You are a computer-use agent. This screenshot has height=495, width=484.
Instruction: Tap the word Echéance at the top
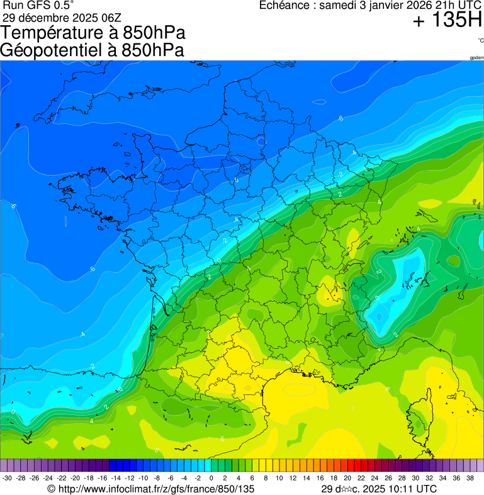click(x=285, y=6)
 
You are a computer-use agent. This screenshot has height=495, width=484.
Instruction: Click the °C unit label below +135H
click(x=480, y=40)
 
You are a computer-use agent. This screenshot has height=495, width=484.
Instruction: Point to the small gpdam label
click(x=476, y=58)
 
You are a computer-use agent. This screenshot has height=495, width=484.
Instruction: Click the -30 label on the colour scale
click(x=7, y=479)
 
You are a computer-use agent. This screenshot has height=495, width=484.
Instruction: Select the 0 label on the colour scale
click(x=211, y=479)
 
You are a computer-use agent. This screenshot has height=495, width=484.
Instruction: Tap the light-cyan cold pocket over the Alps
click(x=391, y=287)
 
